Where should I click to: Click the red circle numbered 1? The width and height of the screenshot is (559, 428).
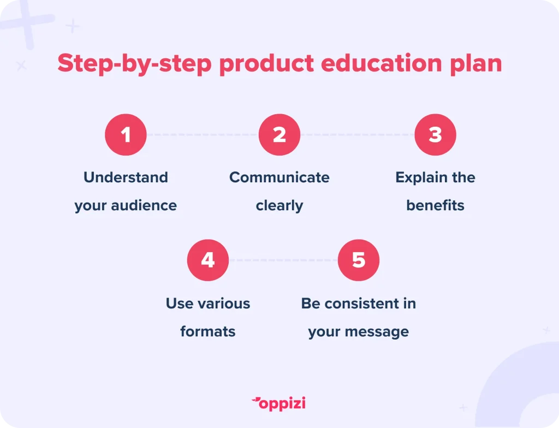(126, 134)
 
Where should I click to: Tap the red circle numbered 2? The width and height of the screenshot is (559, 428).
(279, 134)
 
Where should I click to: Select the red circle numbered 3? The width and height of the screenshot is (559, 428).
(435, 134)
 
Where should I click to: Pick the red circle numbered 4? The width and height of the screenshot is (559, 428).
(208, 260)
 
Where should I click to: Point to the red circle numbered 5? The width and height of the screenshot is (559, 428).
(358, 260)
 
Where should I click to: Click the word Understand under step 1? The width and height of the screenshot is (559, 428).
(126, 177)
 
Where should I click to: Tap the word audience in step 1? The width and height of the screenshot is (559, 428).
(144, 205)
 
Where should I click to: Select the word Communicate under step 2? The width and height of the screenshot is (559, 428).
(279, 177)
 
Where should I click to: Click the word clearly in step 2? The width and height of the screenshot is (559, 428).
(279, 206)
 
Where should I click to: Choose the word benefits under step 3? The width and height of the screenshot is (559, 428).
(435, 205)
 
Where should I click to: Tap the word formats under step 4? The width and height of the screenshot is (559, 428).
(208, 332)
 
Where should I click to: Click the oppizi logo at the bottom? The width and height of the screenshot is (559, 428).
(279, 403)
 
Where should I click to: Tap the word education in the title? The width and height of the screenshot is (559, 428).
(381, 63)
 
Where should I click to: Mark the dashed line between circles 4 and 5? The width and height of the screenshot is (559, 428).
(283, 260)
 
